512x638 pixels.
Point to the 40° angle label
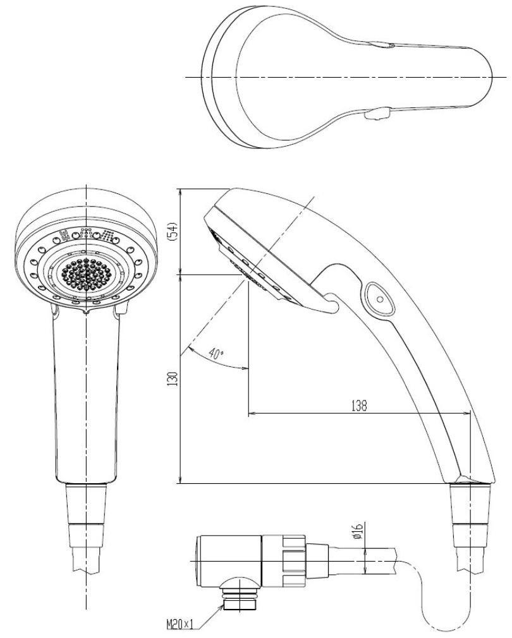pyautogui.click(x=216, y=355)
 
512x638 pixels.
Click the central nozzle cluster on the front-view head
pyautogui.click(x=86, y=273)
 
